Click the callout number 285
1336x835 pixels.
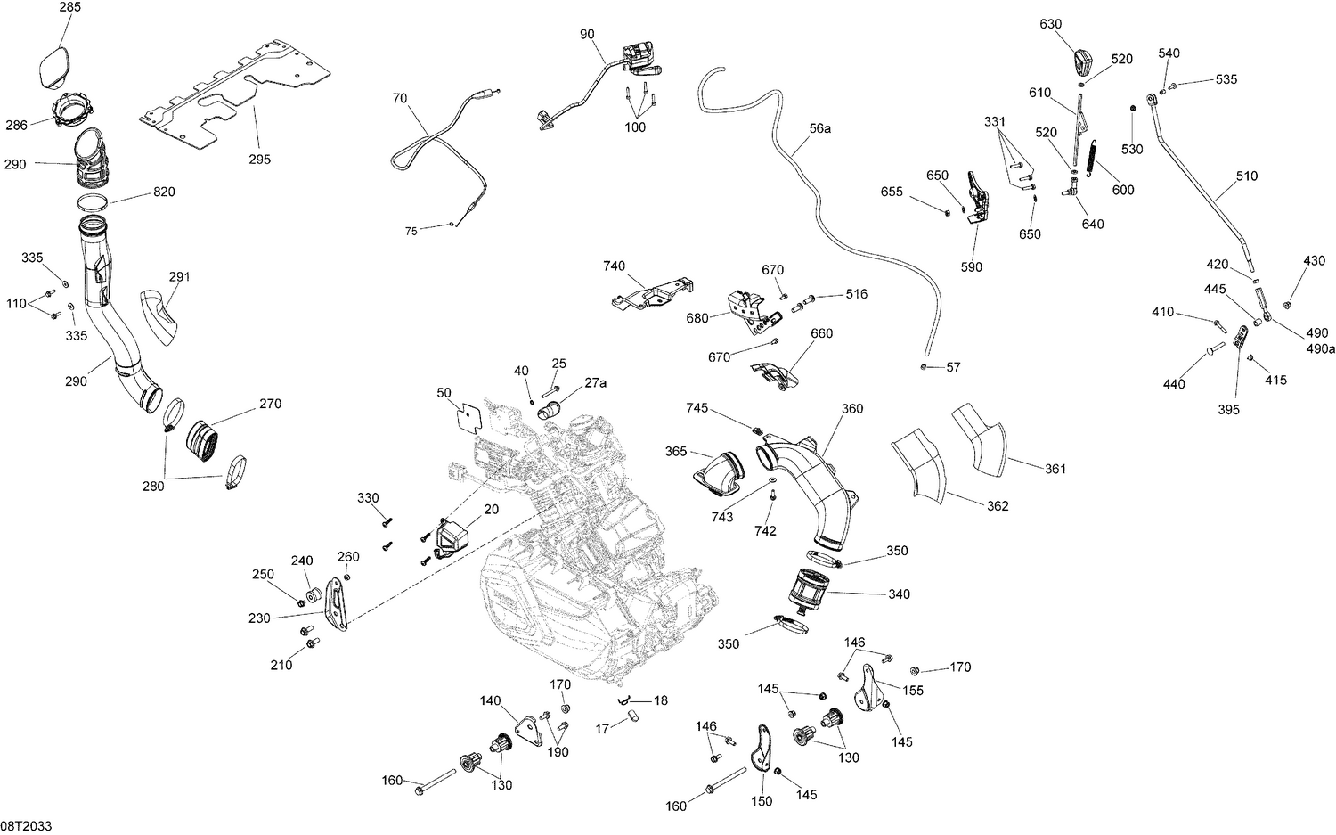coord(69,7)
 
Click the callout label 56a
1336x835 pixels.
coord(819,128)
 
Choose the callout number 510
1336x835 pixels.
coord(1247,176)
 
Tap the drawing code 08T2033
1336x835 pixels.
coord(26,826)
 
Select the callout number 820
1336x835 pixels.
coord(164,192)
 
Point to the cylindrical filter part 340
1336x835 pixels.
coord(811,594)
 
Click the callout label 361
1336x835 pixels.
coord(1055,469)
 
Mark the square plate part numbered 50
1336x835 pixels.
coord(472,417)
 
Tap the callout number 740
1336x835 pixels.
coord(639,266)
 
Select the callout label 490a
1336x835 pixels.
coord(1320,348)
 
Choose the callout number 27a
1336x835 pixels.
coord(596,382)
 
